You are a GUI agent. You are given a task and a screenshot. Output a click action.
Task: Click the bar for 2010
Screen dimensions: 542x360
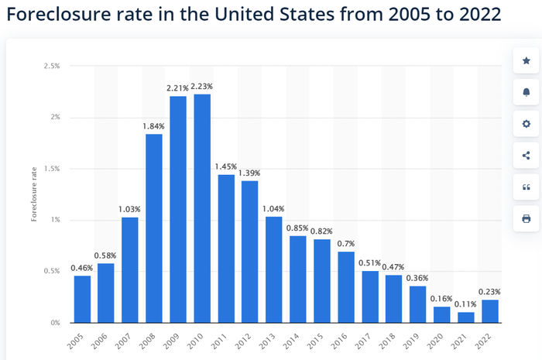tap(202, 208)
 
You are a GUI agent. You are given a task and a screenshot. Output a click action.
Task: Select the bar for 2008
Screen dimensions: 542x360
tap(154, 228)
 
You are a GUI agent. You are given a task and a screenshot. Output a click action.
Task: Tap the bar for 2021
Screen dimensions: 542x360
tap(466, 317)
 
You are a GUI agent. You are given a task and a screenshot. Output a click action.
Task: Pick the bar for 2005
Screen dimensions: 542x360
tap(82, 299)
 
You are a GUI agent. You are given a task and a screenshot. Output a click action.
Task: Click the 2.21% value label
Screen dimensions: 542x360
tap(177, 88)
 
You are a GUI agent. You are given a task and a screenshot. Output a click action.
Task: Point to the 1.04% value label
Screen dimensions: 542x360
tap(273, 209)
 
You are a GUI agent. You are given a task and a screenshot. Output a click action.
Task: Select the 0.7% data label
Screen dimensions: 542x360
tap(345, 244)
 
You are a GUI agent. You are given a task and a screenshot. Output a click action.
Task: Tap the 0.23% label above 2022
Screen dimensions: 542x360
tap(489, 292)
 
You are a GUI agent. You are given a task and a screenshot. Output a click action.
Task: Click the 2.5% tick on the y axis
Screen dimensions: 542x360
tap(52, 66)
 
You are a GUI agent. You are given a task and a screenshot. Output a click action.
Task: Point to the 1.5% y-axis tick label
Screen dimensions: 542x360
tap(52, 169)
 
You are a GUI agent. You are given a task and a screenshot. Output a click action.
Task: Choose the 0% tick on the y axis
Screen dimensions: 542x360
tap(55, 323)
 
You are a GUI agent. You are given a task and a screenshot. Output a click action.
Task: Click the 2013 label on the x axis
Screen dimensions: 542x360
tap(267, 341)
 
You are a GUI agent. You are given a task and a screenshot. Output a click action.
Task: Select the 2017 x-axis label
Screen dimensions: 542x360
tap(363, 341)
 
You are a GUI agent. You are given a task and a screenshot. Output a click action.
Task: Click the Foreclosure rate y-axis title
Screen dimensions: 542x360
tap(34, 194)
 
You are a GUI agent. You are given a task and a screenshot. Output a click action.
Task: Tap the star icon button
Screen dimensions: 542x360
tap(526, 61)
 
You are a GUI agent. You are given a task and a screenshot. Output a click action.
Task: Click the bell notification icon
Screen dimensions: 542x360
tap(526, 92)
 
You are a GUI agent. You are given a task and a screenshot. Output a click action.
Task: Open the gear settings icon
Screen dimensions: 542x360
tap(526, 124)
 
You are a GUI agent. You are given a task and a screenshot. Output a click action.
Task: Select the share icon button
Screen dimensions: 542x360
tap(526, 156)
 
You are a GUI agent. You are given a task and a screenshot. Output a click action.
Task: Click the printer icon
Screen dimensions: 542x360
tap(526, 218)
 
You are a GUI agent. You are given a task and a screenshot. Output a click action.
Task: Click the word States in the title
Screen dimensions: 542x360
tap(307, 14)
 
